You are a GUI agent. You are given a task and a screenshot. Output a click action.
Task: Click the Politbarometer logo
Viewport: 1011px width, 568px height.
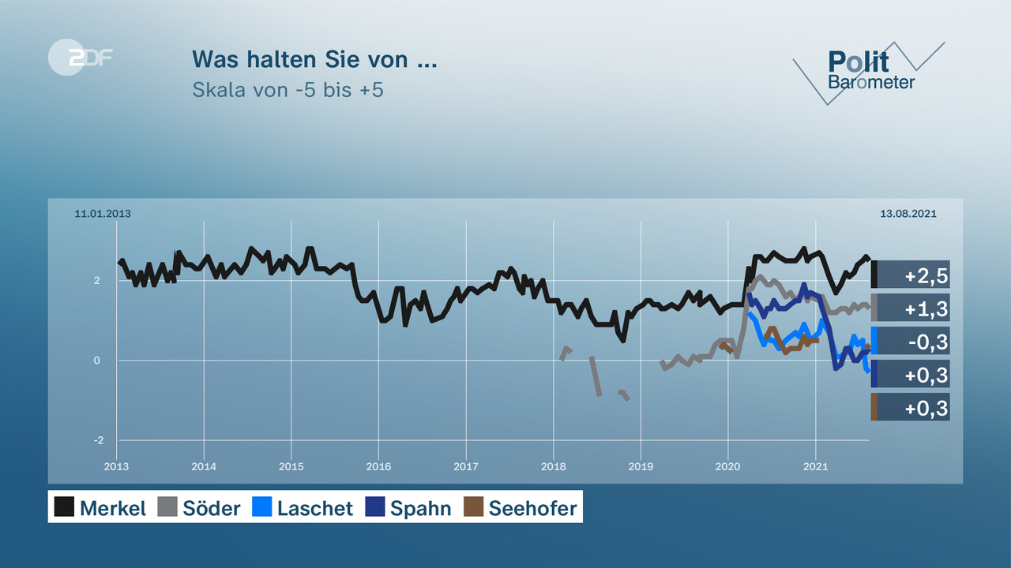click(870, 71)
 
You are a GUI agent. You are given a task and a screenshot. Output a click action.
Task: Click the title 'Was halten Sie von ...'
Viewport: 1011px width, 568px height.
click(314, 59)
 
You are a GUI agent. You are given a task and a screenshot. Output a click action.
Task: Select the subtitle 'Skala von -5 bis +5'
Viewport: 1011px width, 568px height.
click(288, 89)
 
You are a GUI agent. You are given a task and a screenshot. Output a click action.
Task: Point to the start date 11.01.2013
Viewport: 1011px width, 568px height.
click(103, 214)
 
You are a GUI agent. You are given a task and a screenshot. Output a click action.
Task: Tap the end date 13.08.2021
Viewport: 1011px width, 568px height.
click(908, 214)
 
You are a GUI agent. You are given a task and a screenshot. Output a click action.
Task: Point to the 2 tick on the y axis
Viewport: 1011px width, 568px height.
click(96, 281)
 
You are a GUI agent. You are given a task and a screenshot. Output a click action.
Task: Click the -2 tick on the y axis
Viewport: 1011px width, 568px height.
click(98, 440)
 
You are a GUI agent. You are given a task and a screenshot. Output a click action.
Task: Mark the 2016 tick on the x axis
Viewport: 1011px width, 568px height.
click(378, 466)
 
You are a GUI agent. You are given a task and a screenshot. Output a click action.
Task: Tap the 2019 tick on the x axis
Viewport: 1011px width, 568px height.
click(641, 466)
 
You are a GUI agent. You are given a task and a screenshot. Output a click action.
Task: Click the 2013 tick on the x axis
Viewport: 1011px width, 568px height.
click(117, 466)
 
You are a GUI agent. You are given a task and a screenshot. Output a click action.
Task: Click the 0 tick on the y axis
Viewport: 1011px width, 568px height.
click(97, 361)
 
